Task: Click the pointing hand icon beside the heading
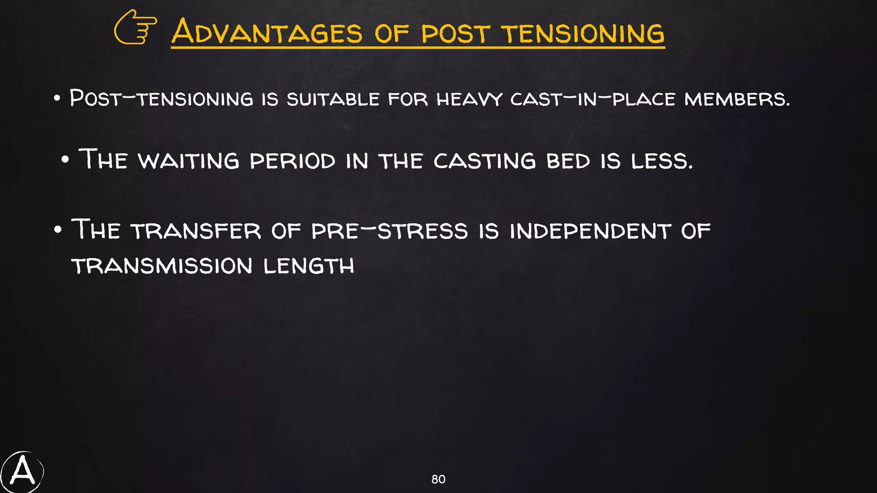[135, 27]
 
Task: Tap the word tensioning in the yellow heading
[582, 33]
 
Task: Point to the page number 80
[438, 479]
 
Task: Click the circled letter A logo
[22, 472]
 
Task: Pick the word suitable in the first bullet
[333, 99]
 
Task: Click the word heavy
[469, 99]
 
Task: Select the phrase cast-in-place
[593, 99]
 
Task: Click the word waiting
[188, 161]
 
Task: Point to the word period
[292, 161]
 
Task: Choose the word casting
[484, 161]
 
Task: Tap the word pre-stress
[389, 231]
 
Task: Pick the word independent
[591, 231]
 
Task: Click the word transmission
[162, 266]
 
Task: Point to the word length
[309, 266]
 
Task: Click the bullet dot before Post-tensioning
[57, 98]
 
